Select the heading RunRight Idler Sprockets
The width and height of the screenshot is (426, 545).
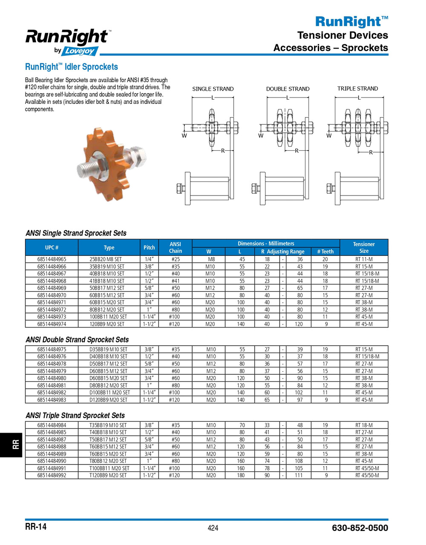[x=71, y=67]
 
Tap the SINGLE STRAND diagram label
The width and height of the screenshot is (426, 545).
[x=213, y=89]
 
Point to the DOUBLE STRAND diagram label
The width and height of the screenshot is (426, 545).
[x=288, y=89]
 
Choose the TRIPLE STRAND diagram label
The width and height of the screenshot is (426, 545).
[x=357, y=89]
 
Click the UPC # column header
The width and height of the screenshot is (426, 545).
[x=52, y=247]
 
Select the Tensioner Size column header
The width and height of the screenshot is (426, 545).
[x=364, y=247]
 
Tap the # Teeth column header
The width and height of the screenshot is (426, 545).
[x=325, y=252]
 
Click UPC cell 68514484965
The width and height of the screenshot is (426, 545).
[x=52, y=259]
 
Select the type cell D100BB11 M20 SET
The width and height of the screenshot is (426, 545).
[x=109, y=393]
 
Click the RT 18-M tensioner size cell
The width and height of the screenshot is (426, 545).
[x=364, y=425]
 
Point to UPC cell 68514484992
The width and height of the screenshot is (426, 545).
[x=52, y=475]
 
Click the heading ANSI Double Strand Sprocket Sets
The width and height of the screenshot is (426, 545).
[x=77, y=340]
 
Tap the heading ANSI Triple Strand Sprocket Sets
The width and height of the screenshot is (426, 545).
[x=75, y=416]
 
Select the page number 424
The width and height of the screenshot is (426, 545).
[x=213, y=528]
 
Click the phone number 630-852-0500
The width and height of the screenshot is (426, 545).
[x=360, y=528]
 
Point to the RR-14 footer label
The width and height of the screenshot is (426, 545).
[x=36, y=527]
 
